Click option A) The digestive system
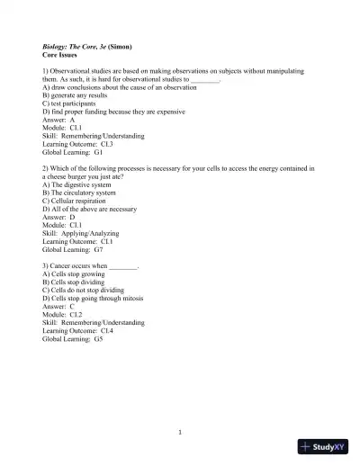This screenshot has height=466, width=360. (79, 184)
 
